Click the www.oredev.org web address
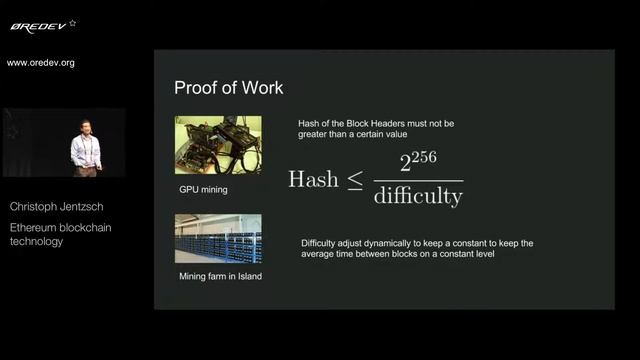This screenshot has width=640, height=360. click(41, 63)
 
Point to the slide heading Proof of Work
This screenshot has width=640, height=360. click(228, 88)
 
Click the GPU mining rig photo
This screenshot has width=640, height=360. click(218, 145)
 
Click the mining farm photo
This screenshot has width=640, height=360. click(218, 239)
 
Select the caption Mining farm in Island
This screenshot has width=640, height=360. click(220, 276)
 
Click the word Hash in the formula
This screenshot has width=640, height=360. click(313, 179)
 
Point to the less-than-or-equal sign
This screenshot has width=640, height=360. click(354, 181)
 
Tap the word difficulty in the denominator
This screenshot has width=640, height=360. click(418, 196)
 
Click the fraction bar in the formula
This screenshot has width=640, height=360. click(418, 180)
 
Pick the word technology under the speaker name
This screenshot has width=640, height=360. click(36, 241)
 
